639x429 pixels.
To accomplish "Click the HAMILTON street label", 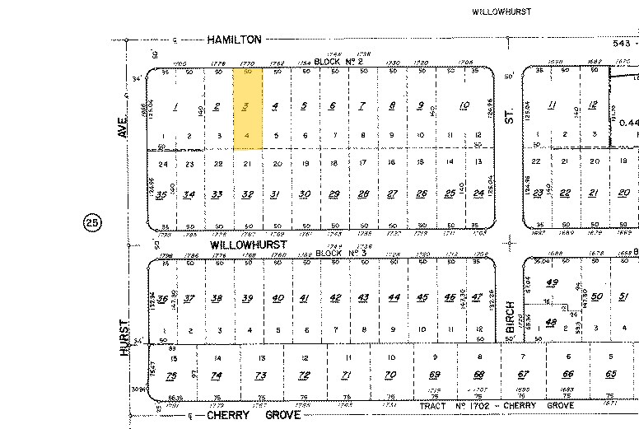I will (x=235, y=39).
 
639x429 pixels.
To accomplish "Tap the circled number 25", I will (x=92, y=222).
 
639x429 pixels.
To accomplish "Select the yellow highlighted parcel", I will (x=248, y=109).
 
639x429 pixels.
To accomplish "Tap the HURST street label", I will (x=125, y=338).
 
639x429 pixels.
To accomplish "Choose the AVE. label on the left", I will (x=123, y=131).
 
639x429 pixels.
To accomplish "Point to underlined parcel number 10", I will (x=464, y=105).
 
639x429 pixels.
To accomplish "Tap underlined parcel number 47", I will (x=476, y=297).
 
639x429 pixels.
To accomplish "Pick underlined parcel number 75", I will (x=171, y=375).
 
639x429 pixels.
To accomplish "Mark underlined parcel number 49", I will (x=552, y=282).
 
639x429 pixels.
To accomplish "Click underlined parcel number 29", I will (x=333, y=194).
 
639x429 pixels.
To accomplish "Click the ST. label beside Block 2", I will (x=509, y=119).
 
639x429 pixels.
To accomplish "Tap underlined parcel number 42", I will (x=335, y=298).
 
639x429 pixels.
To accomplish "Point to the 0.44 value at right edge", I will (x=628, y=123).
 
